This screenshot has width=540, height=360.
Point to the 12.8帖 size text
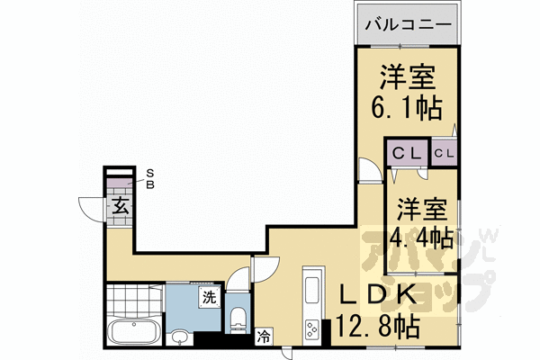coord(378,326)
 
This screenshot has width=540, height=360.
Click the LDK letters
coord(378,296)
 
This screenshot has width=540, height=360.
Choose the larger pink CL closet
coord(407,152)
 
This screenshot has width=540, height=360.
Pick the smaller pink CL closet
coord(445,152)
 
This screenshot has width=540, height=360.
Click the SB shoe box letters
coord(150,179)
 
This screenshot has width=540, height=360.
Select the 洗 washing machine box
coord(208,298)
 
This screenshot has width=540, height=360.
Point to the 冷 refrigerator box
coord(264,337)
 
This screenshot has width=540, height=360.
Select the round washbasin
coord(180,337)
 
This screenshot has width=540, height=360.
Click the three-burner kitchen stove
coord(312,329)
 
